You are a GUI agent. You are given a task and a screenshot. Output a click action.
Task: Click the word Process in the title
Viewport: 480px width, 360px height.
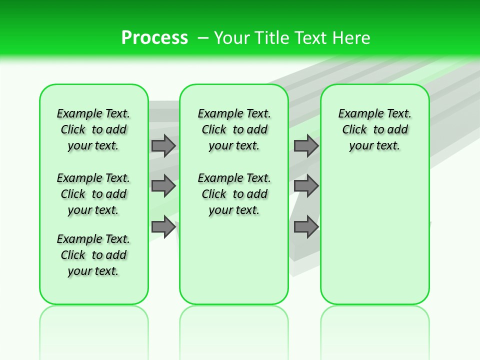pos(154,38)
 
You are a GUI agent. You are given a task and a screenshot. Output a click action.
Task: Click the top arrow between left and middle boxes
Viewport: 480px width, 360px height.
pos(163,145)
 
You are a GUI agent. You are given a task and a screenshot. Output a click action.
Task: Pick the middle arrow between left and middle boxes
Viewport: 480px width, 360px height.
pos(163,186)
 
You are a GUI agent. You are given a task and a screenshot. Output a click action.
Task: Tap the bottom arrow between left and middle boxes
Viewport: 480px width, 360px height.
pos(163,227)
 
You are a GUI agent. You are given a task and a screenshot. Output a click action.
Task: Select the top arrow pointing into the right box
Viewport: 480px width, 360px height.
pos(306,145)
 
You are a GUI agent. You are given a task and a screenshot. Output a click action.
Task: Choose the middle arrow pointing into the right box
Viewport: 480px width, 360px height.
pos(306,186)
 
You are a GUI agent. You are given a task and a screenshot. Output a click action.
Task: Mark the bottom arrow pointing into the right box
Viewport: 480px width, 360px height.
pos(306,227)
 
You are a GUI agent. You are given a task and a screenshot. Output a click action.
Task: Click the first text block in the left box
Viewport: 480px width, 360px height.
pos(93,129)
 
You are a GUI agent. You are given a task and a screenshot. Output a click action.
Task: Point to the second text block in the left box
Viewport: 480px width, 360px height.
pos(93,194)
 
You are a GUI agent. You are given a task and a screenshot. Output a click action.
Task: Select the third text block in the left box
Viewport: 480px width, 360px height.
pos(93,255)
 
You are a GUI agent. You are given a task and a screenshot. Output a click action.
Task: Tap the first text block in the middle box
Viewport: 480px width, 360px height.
pos(234,129)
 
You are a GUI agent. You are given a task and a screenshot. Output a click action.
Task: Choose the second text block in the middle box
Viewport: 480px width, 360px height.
pos(234,194)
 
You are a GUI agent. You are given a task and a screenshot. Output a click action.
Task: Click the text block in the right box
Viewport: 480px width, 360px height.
pos(374,129)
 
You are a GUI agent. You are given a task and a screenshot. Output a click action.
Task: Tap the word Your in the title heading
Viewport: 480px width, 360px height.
pos(231,38)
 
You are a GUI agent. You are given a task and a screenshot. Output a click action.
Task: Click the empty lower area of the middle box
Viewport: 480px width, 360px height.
pos(234,260)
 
